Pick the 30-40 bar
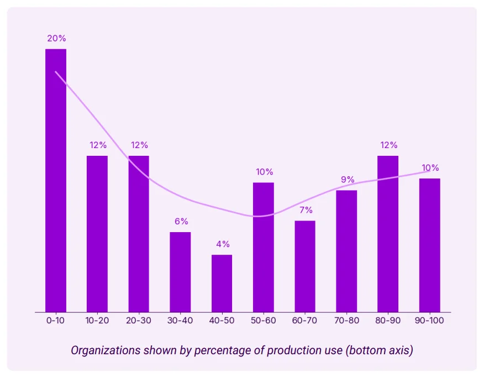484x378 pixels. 180,272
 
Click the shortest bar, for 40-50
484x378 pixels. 222,283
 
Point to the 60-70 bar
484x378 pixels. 305,266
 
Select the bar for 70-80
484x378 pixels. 346,251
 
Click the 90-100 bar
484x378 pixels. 429,245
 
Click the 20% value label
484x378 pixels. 56,39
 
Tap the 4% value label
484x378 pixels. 222,244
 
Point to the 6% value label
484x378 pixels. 181,222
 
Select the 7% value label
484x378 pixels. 305,210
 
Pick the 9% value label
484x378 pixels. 346,180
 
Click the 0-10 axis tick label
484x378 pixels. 56,321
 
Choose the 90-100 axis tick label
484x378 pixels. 429,321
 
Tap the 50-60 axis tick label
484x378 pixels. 264,321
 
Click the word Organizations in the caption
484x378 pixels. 104,350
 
